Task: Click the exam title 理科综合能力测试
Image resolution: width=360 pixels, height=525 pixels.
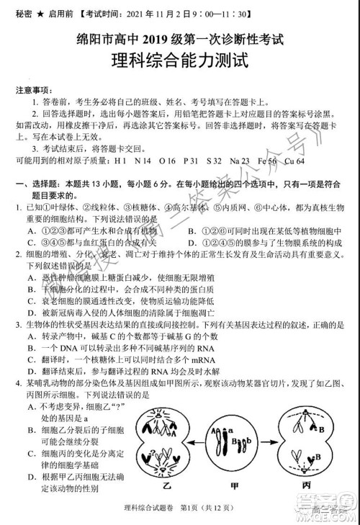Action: (180, 62)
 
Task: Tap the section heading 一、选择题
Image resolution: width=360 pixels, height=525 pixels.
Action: (35, 185)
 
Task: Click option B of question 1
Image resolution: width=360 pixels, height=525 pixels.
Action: (192, 230)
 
